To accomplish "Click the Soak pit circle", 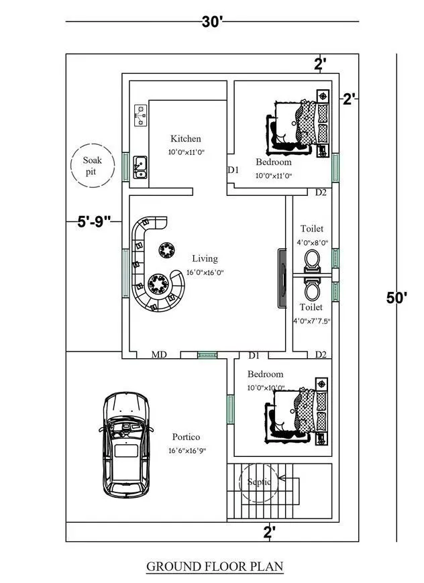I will click(x=92, y=165).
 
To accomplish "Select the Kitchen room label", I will click(x=185, y=139).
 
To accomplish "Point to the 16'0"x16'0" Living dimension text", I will click(x=205, y=272).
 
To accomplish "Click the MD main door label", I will click(x=158, y=354).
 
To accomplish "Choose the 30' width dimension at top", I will click(x=212, y=21).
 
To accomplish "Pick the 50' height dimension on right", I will click(x=396, y=297).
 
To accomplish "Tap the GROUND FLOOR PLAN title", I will click(x=215, y=566).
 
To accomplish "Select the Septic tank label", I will click(x=259, y=482).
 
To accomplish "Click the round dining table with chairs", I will click(x=160, y=284).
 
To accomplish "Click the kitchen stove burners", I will click(x=140, y=115).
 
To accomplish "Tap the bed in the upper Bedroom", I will click(x=299, y=124).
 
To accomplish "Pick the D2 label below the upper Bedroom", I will click(x=321, y=193).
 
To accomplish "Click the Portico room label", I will click(x=186, y=437).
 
